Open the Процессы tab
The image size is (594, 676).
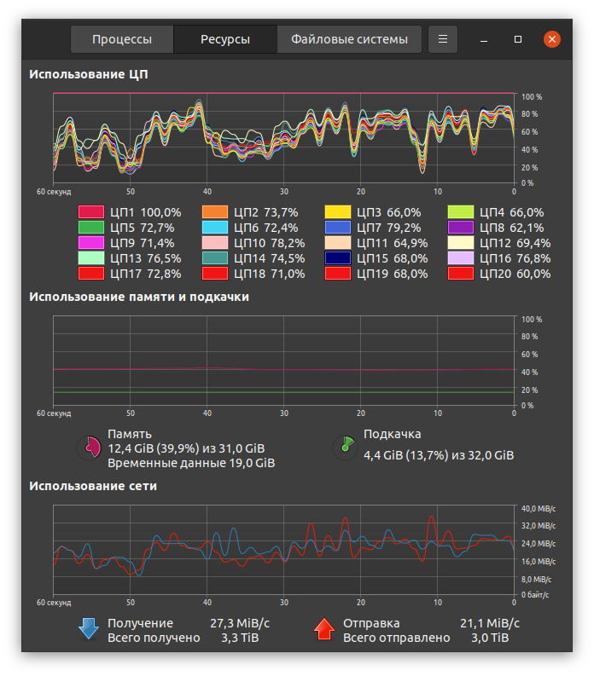pos(122,39)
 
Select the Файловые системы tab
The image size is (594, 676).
pos(355,39)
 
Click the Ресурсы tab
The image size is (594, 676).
pos(225,39)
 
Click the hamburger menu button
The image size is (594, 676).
pos(442,39)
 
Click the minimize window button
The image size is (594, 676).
pos(484,39)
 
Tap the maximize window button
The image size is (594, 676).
pos(518,39)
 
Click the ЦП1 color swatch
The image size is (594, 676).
pos(91,212)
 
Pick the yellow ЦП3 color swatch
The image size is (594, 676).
pos(338,212)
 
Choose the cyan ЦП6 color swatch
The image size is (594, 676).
pos(214,228)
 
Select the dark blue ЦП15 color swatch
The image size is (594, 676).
pos(338,258)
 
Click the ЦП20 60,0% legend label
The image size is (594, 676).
pos(515,274)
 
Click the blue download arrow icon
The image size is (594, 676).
pos(89,629)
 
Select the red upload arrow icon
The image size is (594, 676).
pos(324,629)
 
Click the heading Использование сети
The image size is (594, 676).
pos(93,486)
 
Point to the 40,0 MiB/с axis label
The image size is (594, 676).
pos(538,508)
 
